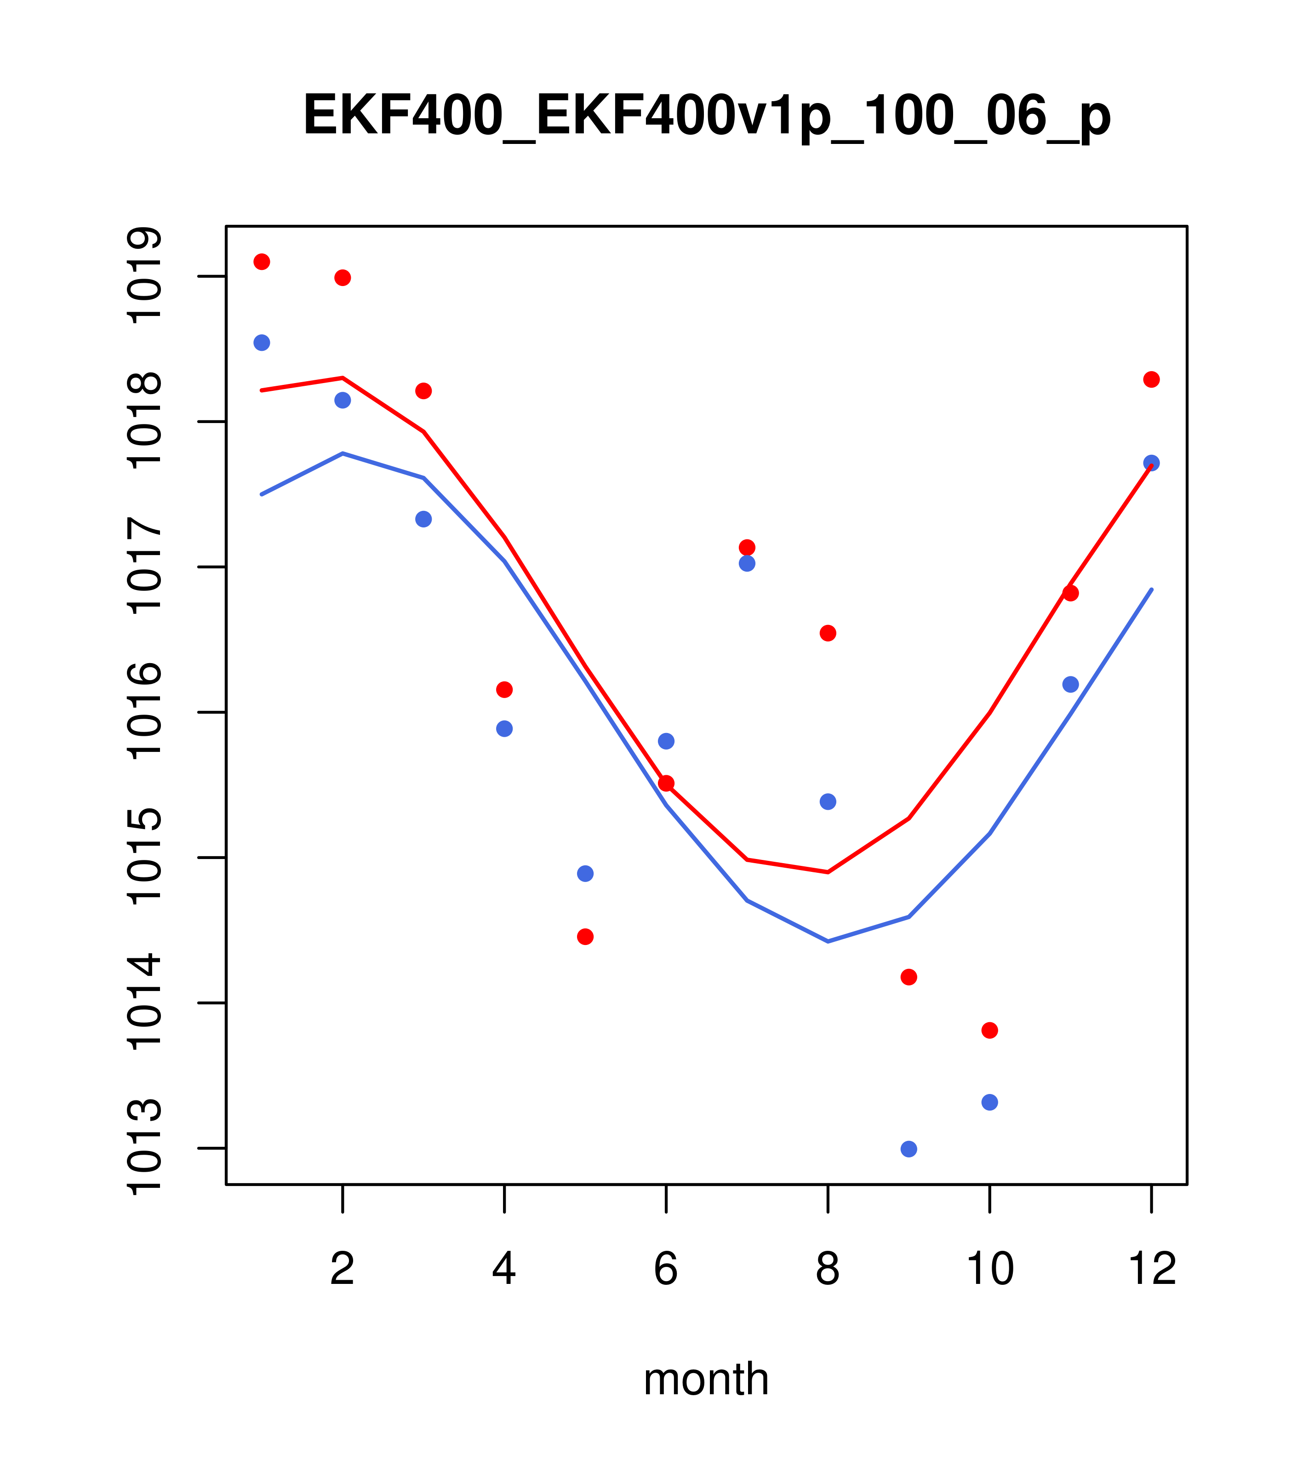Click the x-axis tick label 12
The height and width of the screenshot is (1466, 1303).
pyautogui.click(x=1152, y=1269)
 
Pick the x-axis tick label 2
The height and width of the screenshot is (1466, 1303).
pyautogui.click(x=343, y=1269)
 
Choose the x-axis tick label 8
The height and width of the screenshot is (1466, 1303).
pyautogui.click(x=828, y=1269)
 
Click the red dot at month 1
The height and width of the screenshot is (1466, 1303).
pyautogui.click(x=262, y=262)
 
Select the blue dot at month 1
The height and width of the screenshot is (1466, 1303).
pyautogui.click(x=262, y=343)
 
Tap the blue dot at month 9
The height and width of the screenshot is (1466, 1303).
pyautogui.click(x=909, y=1149)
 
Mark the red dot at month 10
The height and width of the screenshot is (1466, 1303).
pyautogui.click(x=989, y=1031)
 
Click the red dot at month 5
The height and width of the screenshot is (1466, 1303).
pyautogui.click(x=585, y=937)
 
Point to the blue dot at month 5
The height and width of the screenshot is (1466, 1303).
pyautogui.click(x=585, y=874)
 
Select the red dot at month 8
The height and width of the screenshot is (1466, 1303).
pyautogui.click(x=828, y=633)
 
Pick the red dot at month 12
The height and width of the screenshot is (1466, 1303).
pyautogui.click(x=1152, y=379)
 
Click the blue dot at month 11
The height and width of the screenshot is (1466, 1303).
pyautogui.click(x=1071, y=684)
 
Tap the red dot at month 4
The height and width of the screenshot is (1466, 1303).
pyautogui.click(x=504, y=689)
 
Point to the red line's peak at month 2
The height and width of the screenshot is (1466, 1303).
pyautogui.click(x=343, y=377)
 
